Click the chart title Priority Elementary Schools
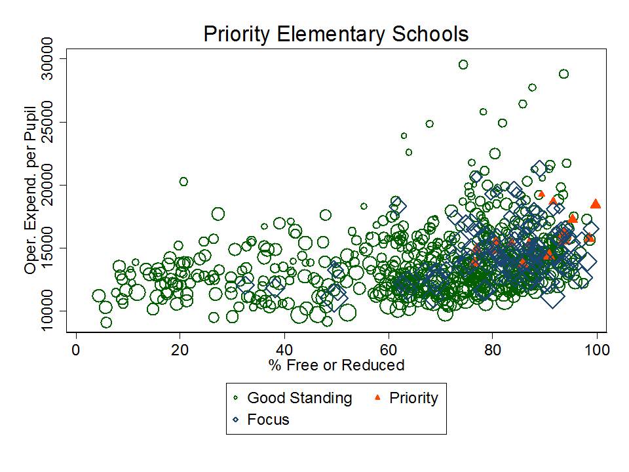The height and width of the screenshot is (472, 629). pos(335,34)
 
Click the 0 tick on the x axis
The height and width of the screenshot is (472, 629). pos(76,349)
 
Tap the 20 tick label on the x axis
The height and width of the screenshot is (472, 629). pos(180,349)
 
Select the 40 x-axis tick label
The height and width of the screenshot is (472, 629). pos(284,349)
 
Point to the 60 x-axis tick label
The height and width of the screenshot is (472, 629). pos(389,349)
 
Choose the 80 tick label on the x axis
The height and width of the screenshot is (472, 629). pos(493,349)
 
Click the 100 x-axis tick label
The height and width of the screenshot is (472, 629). pos(597,349)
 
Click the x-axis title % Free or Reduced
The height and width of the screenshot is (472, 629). pos(336,365)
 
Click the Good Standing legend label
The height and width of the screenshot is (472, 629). pos(299,398)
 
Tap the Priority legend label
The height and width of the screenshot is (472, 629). pos(413,397)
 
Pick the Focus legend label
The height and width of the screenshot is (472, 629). pos(268,420)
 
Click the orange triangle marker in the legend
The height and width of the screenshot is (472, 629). pos(377,398)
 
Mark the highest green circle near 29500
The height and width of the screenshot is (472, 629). pos(463,64)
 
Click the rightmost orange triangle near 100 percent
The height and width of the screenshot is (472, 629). pos(596,204)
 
